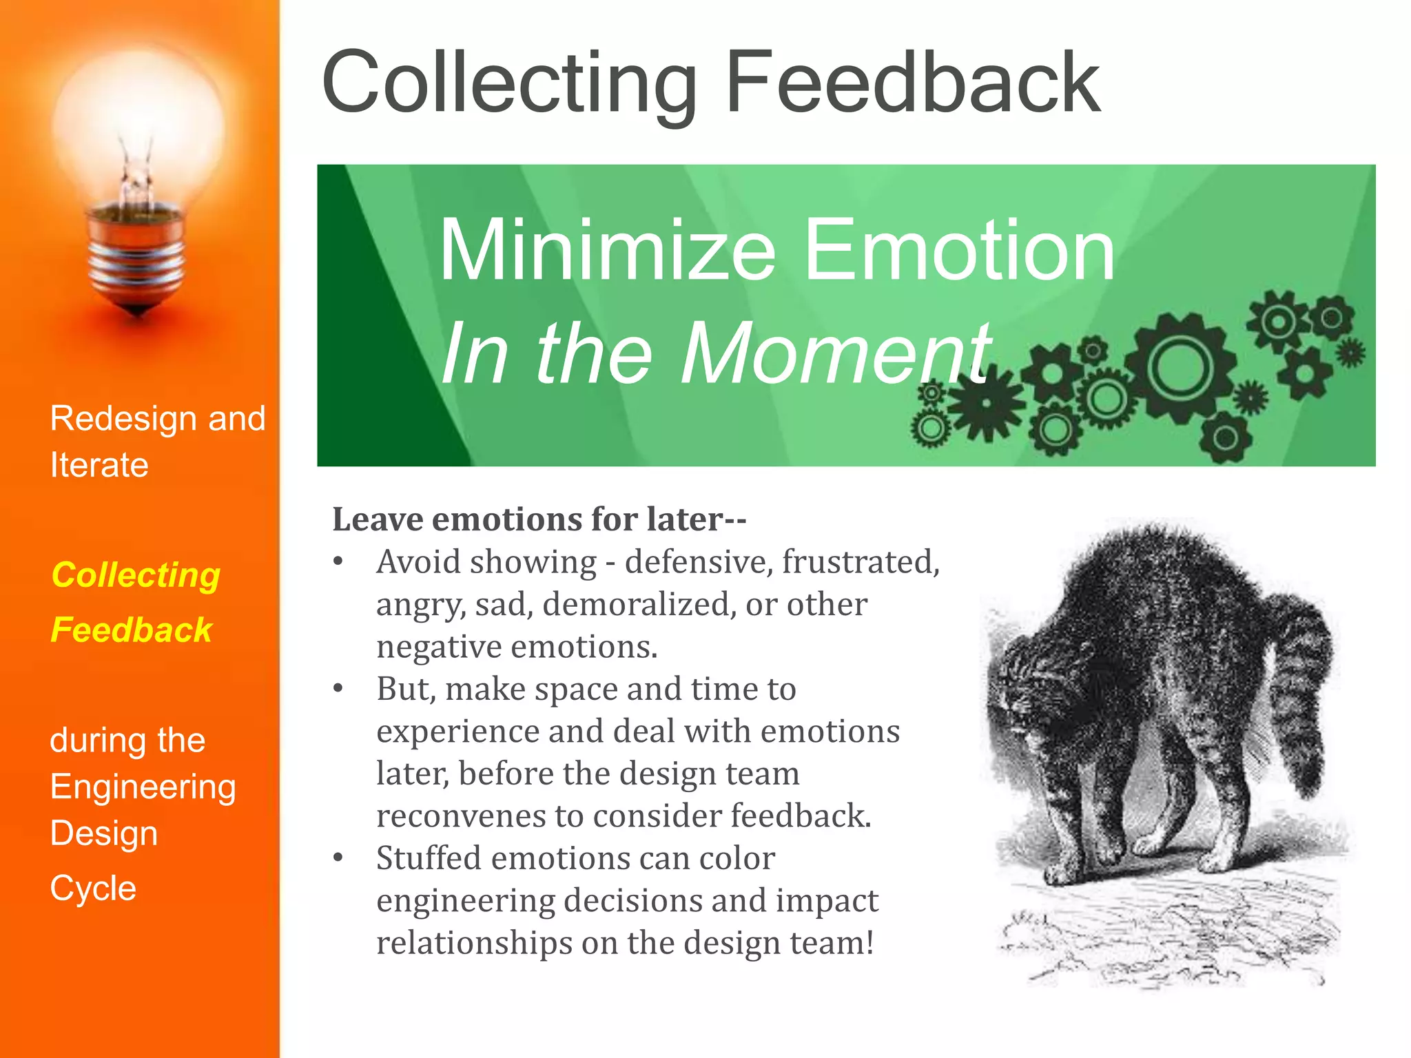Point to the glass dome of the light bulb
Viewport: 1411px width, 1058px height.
coord(138,124)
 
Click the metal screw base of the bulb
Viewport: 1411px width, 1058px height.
coord(137,262)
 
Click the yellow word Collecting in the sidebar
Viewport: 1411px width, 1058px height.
coord(136,575)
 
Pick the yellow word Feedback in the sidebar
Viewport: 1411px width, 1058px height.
coord(131,630)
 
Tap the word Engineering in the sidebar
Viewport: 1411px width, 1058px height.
coord(143,787)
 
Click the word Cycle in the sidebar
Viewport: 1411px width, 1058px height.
coord(93,889)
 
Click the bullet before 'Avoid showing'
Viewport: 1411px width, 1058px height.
coord(338,561)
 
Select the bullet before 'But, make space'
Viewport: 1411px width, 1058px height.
coord(338,688)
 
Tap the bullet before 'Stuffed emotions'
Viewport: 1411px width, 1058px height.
coord(338,858)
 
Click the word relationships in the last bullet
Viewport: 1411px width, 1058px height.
coord(474,943)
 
